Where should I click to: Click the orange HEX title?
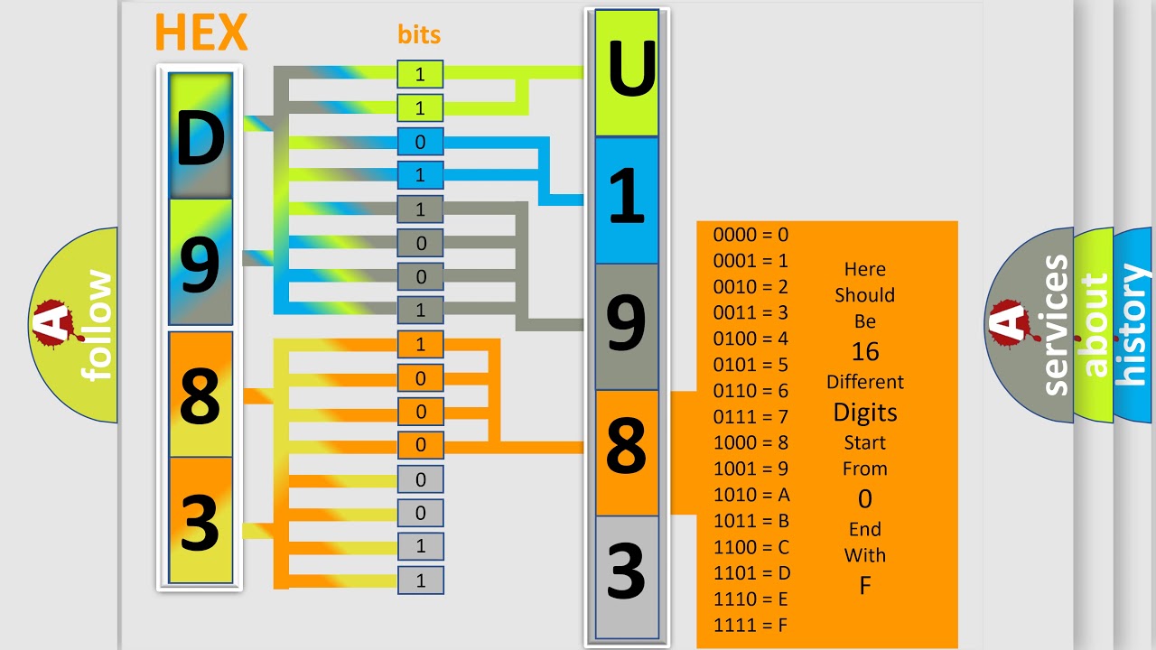[x=200, y=33]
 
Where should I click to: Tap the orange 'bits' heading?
[x=419, y=35]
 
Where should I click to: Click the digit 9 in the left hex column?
[x=200, y=263]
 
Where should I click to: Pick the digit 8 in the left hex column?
[x=200, y=395]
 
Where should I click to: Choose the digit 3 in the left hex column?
[x=200, y=521]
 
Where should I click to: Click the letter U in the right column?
[x=627, y=73]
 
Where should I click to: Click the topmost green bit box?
[x=420, y=75]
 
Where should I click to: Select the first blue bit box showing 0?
[x=420, y=143]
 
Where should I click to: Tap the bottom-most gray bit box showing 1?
[x=420, y=580]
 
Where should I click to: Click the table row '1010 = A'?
[x=751, y=495]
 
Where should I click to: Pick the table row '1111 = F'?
[x=751, y=625]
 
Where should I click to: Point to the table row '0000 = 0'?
[x=750, y=235]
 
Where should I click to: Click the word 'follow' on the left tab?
[x=98, y=325]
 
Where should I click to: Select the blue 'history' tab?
[x=1133, y=325]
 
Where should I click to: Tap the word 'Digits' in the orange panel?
[x=864, y=413]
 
